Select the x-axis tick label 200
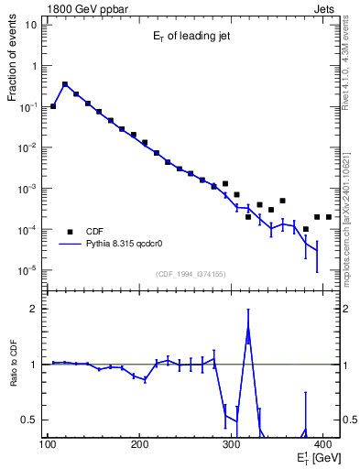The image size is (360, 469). pyautogui.click(x=139, y=445)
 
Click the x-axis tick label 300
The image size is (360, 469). pyautogui.click(x=232, y=445)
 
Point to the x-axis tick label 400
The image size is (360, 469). pyautogui.click(x=324, y=445)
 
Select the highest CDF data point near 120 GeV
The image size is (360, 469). pyautogui.click(x=65, y=84)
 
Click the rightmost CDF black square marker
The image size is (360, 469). pyautogui.click(x=329, y=217)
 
